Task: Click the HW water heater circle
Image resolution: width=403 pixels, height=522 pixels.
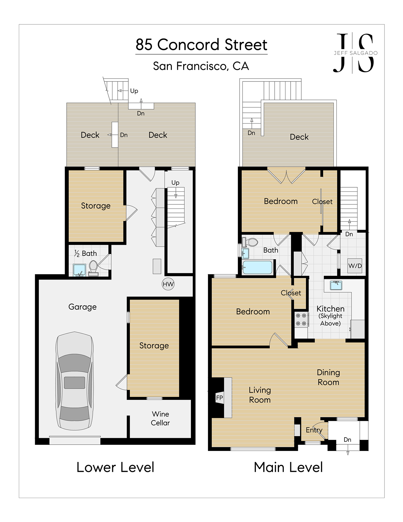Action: coord(168,284)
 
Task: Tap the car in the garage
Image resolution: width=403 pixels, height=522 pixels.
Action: coord(75,381)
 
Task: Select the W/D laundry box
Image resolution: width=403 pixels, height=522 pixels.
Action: coord(355,266)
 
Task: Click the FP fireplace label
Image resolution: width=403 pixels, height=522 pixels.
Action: coord(220,398)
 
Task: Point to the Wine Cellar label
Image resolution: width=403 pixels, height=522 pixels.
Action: coord(160,418)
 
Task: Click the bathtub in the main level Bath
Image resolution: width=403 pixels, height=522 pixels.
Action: coord(257,267)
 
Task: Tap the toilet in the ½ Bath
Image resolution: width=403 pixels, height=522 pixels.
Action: coord(93,267)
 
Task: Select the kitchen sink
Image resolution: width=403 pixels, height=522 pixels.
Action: coord(336,285)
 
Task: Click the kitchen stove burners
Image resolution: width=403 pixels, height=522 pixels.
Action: coord(301,319)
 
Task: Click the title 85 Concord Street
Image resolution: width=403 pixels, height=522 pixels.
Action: coord(201,45)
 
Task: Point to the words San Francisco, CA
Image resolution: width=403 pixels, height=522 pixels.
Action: coord(201,66)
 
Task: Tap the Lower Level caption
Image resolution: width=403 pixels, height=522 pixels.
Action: coord(115,467)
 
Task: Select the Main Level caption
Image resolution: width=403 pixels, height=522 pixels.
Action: coord(288,467)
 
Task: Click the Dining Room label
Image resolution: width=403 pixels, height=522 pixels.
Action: coord(328,377)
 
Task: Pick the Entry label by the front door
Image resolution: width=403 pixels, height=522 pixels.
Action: coord(314,430)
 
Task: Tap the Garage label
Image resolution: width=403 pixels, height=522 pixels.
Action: coord(83,307)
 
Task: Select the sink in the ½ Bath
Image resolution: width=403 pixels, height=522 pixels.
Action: coord(79,270)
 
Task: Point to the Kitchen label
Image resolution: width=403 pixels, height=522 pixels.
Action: coord(331,309)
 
